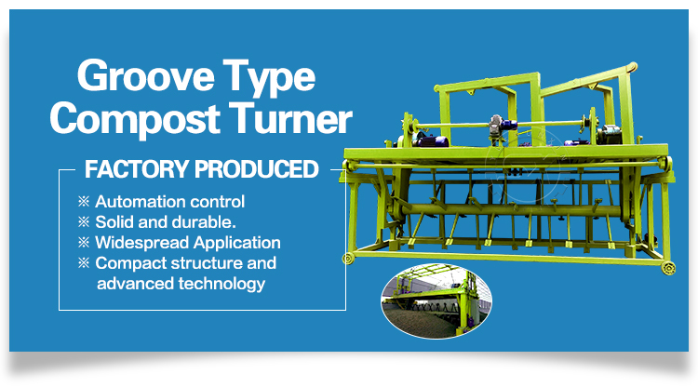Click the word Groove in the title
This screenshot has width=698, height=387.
click(146, 75)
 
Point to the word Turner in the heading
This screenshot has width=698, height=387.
click(290, 118)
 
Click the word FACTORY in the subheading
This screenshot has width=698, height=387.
click(137, 169)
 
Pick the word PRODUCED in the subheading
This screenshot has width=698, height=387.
click(257, 169)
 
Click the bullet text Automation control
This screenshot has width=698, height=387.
click(169, 202)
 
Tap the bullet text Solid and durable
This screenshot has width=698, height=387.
click(166, 222)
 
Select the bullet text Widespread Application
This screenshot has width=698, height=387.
click(188, 243)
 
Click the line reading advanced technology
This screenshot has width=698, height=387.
click(181, 284)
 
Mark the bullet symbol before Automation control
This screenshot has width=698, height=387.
click(84, 202)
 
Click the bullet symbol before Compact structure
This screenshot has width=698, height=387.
click(84, 263)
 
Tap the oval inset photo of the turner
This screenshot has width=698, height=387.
click(436, 300)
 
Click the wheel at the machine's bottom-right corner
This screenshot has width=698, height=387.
click(668, 268)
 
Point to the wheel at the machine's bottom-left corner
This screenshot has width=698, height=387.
click(348, 259)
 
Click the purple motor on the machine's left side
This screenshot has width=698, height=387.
click(432, 141)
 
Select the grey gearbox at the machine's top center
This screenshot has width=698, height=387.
click(495, 125)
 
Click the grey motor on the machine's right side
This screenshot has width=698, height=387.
click(609, 134)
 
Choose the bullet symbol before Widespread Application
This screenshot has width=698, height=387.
click(84, 243)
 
